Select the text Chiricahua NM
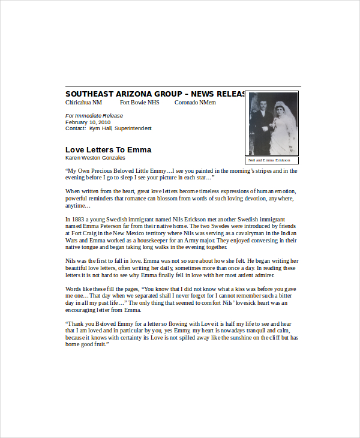point(84,103)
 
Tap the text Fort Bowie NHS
point(140,103)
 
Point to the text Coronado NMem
point(195,103)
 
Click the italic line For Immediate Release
point(94,116)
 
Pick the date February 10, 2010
point(87,122)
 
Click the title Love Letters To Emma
point(108,149)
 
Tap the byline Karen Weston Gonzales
point(95,158)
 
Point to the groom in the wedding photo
point(263,129)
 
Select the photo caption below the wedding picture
point(273,160)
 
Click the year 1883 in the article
point(77,220)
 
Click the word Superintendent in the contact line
point(133,128)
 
